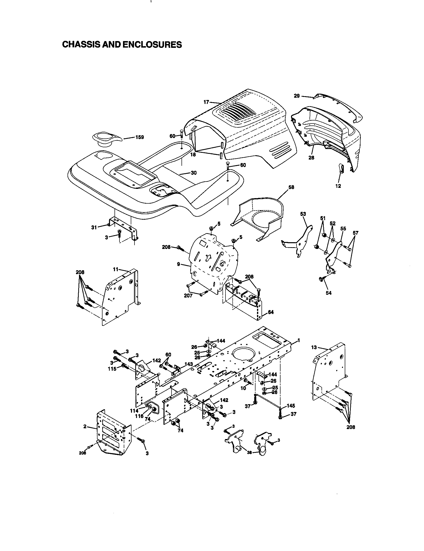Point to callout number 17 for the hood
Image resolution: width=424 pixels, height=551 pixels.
coord(206,102)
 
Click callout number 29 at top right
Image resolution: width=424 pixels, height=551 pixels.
coord(297,96)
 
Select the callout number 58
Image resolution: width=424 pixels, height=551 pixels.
coord(291,187)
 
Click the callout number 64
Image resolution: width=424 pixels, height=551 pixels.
coord(271,312)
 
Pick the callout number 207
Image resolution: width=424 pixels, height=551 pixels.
coord(188,296)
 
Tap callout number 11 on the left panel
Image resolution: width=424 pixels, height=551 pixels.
coord(115,269)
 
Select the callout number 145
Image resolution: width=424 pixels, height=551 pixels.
coord(291,406)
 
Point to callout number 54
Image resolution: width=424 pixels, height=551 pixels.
coord(328,293)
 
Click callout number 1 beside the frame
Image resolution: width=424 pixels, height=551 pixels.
coord(298,340)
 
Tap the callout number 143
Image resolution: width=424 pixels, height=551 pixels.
coord(188,364)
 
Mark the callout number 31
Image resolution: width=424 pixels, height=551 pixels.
coord(94,227)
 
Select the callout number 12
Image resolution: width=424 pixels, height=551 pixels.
coord(338,186)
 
